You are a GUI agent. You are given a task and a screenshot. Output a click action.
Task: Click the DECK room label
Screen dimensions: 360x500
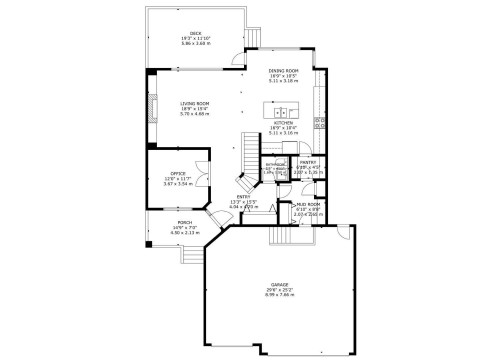pos(196,32)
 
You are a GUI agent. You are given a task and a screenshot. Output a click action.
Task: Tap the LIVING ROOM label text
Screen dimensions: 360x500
pos(194,103)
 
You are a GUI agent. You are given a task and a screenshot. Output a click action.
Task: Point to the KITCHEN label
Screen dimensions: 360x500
pos(282,123)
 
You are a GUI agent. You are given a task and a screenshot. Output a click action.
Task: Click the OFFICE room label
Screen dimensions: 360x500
pos(177,174)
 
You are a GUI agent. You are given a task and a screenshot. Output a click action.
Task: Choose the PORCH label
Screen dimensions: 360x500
pos(184,222)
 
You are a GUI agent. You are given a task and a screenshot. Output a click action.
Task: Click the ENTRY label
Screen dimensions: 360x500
pos(243,197)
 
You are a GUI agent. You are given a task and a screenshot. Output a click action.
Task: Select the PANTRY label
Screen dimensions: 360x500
pos(307,161)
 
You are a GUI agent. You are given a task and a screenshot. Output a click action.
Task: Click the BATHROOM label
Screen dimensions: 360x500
pos(272,166)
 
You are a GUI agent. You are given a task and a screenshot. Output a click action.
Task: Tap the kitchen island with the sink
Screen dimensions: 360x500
pos(281,106)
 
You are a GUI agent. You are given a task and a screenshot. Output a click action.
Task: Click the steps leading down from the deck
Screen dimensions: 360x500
pos(254,38)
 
